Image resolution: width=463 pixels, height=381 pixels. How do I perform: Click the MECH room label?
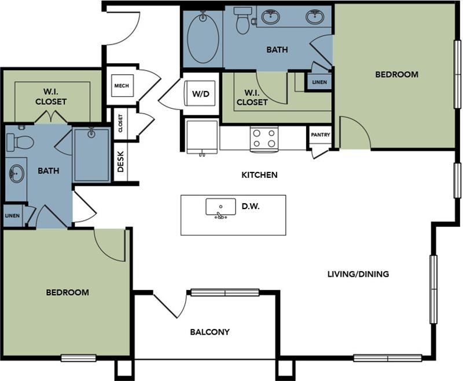pyautogui.click(x=121, y=86)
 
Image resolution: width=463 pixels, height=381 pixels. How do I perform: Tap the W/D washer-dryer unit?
pyautogui.click(x=200, y=93)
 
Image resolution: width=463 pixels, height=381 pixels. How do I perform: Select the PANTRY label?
pyautogui.click(x=320, y=135)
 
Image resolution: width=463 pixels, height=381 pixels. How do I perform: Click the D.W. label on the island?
pyautogui.click(x=251, y=206)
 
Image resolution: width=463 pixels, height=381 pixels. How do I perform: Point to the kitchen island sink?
pyautogui.click(x=221, y=207)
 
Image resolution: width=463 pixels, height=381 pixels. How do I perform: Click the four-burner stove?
pyautogui.click(x=263, y=139)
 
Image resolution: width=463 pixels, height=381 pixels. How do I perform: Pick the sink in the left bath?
pyautogui.click(x=16, y=173)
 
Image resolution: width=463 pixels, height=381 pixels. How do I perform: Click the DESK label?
pyautogui.click(x=121, y=162)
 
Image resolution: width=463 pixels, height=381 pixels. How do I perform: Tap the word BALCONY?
pyautogui.click(x=210, y=332)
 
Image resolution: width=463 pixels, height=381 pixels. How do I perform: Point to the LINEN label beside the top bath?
pyautogui.click(x=319, y=82)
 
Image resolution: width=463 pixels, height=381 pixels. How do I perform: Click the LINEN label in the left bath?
pyautogui.click(x=12, y=215)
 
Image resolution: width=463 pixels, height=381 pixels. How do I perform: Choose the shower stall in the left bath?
pyautogui.click(x=91, y=155)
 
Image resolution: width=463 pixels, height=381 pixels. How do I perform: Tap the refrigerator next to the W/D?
pyautogui.click(x=201, y=137)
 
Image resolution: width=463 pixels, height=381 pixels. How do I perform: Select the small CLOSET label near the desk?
pyautogui.click(x=120, y=123)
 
